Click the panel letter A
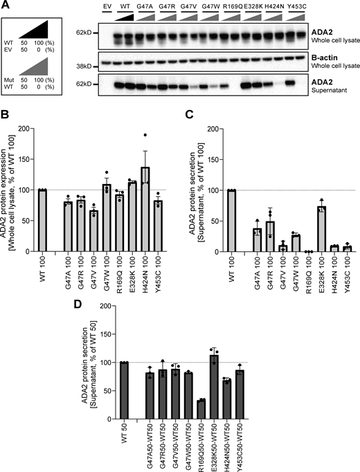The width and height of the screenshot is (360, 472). pos(6,6)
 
